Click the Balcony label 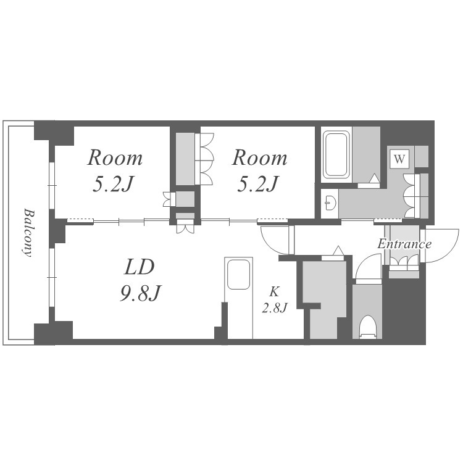pos(28,233)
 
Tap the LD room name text pos(140,267)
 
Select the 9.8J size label pos(140,293)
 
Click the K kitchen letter pos(274,292)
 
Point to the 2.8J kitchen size pos(275,308)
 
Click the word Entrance pos(404,244)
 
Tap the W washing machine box pos(399,159)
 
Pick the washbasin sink pos(330,203)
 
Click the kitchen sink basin pos(238,274)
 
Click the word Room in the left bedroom pos(115,157)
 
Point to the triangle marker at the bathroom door pos(375,178)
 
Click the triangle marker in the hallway pos(338,251)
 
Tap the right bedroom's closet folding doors pos(204,159)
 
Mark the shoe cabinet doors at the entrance pos(404,261)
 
